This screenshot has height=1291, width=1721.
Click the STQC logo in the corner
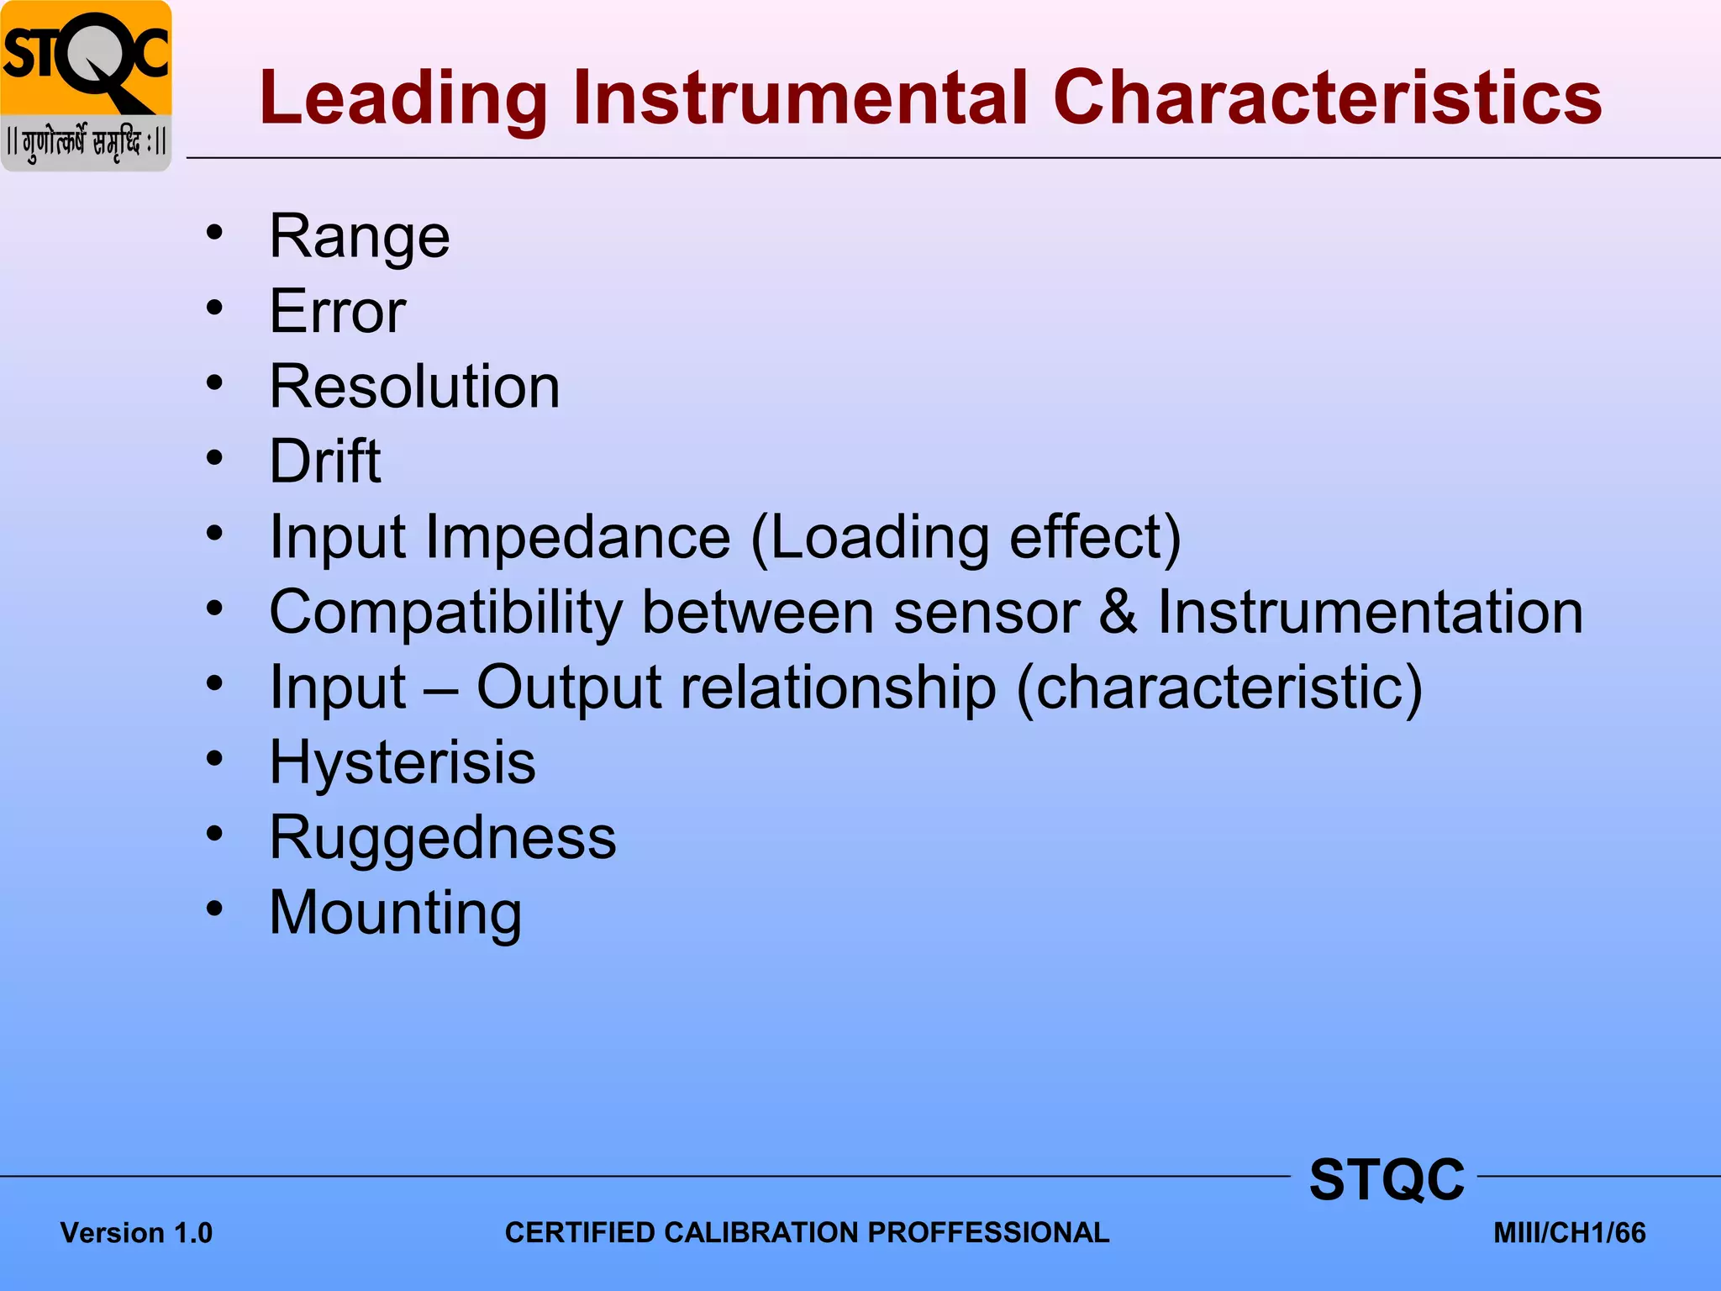click(x=86, y=84)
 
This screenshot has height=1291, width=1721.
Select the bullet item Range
click(x=359, y=237)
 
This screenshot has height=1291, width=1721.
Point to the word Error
click(x=337, y=312)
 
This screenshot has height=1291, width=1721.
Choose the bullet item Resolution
click(x=414, y=387)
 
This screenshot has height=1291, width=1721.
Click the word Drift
click(x=324, y=461)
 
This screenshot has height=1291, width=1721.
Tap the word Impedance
click(x=578, y=537)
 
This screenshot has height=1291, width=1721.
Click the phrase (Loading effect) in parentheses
click(x=966, y=537)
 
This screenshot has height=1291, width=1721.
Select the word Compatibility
click(x=445, y=612)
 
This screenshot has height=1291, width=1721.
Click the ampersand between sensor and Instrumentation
click(x=1118, y=612)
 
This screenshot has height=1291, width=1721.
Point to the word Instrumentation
click(x=1371, y=612)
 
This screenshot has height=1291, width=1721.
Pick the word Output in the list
click(x=568, y=688)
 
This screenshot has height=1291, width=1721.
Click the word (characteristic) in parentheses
click(x=1219, y=688)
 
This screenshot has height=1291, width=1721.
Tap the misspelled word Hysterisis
click(x=402, y=763)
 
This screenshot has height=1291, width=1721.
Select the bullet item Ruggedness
click(x=442, y=838)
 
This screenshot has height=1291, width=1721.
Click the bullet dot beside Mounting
click(x=215, y=908)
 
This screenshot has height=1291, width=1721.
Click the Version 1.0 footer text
click(x=136, y=1233)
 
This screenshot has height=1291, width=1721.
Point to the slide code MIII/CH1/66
click(x=1569, y=1233)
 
